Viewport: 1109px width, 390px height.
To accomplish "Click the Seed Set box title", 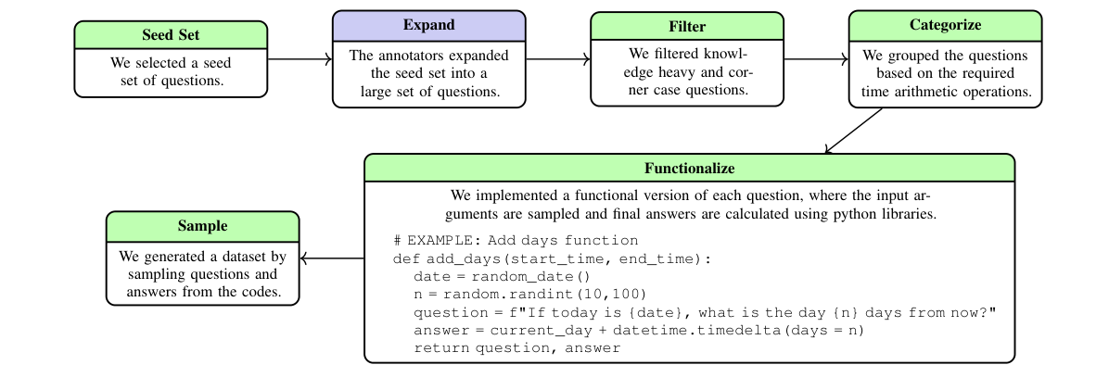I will click(171, 35).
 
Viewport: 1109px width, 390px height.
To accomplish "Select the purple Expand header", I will click(428, 25).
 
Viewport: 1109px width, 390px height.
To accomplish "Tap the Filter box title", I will click(686, 26).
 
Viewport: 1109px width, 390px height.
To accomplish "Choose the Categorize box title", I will click(945, 25).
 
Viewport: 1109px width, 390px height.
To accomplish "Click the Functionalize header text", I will click(689, 169).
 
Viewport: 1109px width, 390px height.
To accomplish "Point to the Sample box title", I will click(202, 226).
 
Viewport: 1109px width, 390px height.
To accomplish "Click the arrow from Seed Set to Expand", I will click(300, 59).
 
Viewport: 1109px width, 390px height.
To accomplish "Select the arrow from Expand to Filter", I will click(557, 59).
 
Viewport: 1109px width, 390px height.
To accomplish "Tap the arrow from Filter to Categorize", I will click(815, 59).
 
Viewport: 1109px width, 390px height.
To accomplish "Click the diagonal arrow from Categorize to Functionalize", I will click(854, 131).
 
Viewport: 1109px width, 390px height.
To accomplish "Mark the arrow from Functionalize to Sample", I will click(332, 258).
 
